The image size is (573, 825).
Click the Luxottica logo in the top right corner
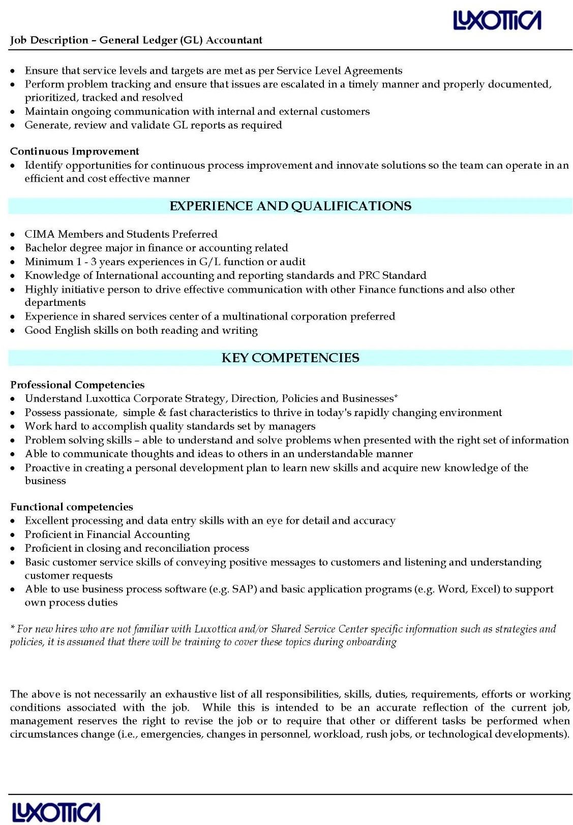[497, 21]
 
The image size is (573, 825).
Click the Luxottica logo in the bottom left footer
[56, 812]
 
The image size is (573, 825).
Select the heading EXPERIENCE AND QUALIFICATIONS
[290, 206]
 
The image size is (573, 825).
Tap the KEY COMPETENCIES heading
[290, 358]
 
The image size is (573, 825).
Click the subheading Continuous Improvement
[74, 151]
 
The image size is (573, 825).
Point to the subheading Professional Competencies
[77, 385]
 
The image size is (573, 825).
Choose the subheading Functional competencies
[72, 506]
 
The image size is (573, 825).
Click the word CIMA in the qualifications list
[40, 234]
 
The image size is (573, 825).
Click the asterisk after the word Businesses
[396, 397]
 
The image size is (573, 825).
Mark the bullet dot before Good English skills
[13, 331]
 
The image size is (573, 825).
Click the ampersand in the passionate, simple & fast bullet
[162, 412]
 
